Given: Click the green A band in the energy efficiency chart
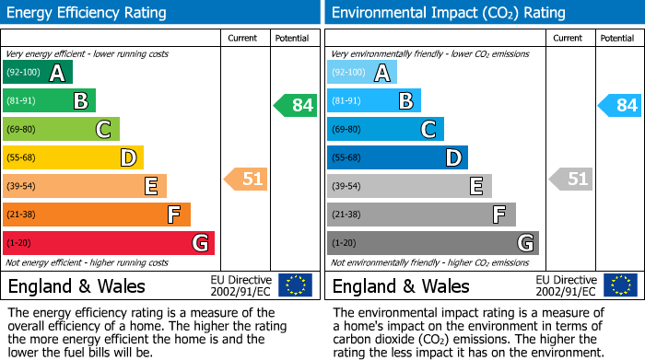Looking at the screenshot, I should click(x=38, y=73).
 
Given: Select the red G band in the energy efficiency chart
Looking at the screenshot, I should click(x=109, y=243).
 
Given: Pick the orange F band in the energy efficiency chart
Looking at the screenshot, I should click(x=97, y=215).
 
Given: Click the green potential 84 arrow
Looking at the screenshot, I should click(x=295, y=105).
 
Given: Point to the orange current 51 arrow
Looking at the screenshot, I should click(x=246, y=179).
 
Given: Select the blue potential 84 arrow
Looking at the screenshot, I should click(x=619, y=105).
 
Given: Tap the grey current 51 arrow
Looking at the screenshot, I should click(x=570, y=179).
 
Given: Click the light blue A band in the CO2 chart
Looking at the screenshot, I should click(x=362, y=73).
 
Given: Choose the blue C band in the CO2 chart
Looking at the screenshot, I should click(x=385, y=129).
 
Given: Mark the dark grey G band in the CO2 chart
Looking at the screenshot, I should click(x=433, y=243).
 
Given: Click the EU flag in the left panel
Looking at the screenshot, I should click(x=295, y=285).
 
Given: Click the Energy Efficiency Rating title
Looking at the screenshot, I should click(x=88, y=13).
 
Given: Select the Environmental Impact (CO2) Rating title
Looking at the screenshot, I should click(x=448, y=13).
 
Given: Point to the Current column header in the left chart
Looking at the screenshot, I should click(x=242, y=38).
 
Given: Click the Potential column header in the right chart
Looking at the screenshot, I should click(x=616, y=38).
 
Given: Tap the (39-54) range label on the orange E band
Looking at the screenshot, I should click(x=21, y=187).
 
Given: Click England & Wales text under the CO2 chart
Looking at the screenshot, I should click(x=401, y=285).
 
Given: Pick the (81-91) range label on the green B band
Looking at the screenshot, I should click(x=21, y=101).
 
